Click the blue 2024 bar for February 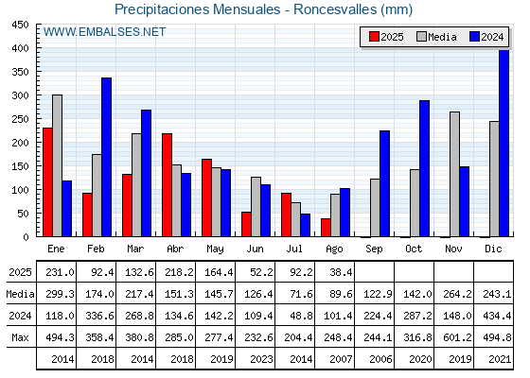pos(106,157)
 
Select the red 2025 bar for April pos(167,185)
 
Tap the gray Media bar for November pos(454,174)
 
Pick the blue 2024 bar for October pos(425,168)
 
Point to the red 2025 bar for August pos(326,228)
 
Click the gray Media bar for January pos(57,165)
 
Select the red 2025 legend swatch pos(374,37)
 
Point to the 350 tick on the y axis pos(20,72)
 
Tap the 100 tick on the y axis pos(20,190)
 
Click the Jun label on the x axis pos(255,249)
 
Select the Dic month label pos(493,249)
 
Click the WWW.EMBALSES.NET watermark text pos(104,32)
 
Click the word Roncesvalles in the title pos(335,9)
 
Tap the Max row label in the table pos(20,337)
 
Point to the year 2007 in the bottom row pos(341,359)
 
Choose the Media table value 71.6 pos(301,294)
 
